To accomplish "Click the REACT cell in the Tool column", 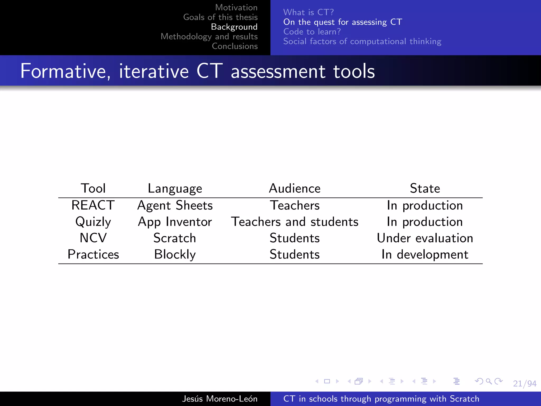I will tap(93, 205).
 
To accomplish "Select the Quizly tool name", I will tap(93, 222).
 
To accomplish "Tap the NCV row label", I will tap(93, 238).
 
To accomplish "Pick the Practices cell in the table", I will tap(93, 255).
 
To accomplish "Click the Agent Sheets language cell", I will tap(175, 205).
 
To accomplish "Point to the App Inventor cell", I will tap(175, 222).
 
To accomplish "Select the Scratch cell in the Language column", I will tap(175, 238).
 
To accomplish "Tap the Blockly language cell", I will tap(175, 255).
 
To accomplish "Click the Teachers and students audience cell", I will tap(295, 222).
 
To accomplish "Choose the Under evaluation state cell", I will tap(425, 238).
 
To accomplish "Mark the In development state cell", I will tap(425, 255).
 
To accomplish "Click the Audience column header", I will tap(295, 188).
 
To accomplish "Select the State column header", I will tap(425, 188).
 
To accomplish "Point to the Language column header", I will tap(175, 189).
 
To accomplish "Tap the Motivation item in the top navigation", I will tap(236, 7).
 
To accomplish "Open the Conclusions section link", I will tap(235, 46).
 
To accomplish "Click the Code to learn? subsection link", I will tap(312, 32).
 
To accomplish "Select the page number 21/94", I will tap(525, 384).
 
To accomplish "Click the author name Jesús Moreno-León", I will tap(220, 399).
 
